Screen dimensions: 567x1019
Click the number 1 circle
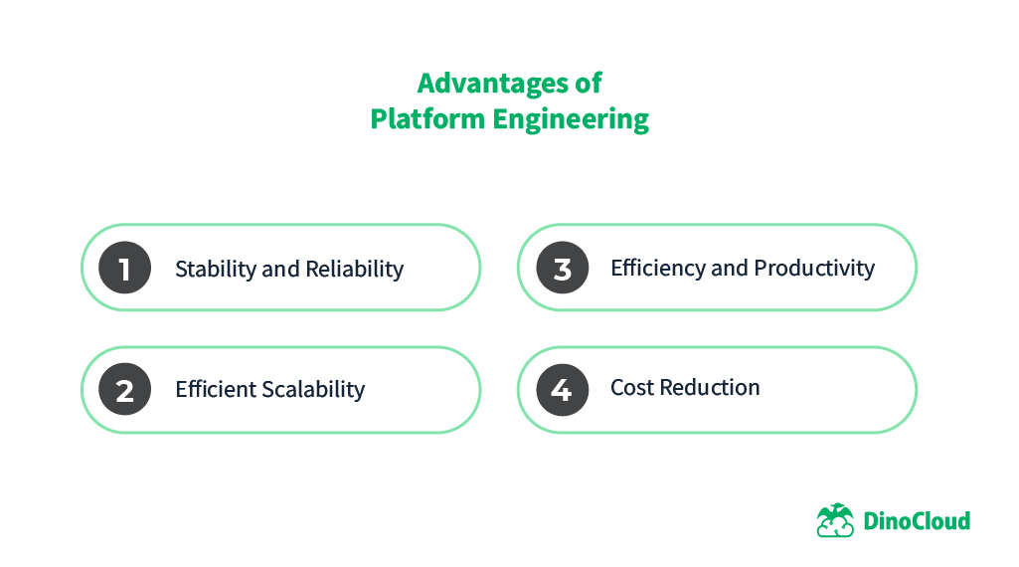(125, 269)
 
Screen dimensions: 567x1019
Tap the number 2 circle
(125, 390)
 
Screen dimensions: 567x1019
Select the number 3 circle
(562, 269)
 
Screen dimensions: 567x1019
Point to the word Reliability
(354, 269)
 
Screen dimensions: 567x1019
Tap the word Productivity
(814, 268)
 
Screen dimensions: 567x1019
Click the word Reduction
(710, 388)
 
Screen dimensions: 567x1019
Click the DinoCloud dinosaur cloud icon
(835, 520)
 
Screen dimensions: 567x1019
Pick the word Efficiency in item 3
(657, 269)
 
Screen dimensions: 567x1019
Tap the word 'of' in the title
(588, 82)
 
